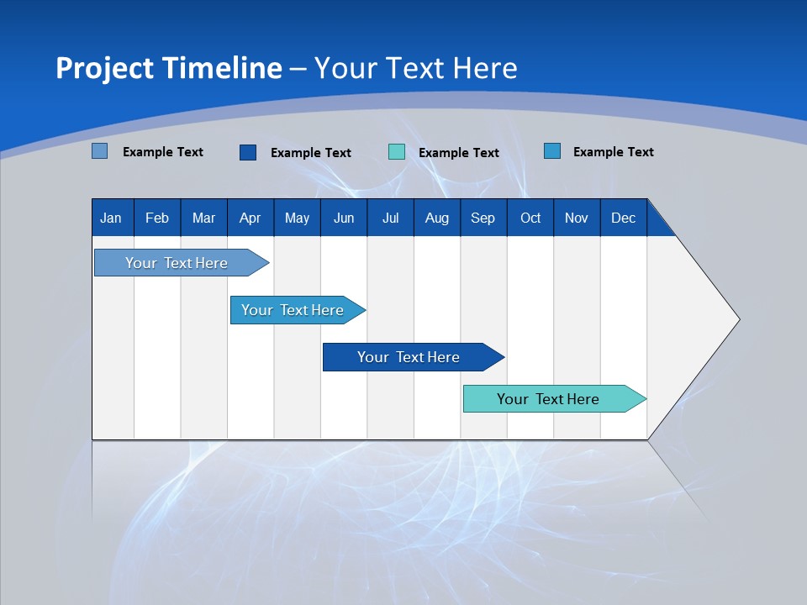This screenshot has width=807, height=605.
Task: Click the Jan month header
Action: pos(112,218)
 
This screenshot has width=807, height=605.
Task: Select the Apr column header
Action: pos(251,218)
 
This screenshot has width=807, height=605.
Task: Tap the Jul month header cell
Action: pos(390,218)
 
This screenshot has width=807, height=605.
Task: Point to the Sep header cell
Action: pos(483,218)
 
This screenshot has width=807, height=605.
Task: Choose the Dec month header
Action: pos(623,218)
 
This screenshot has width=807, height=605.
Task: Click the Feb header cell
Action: pos(157,218)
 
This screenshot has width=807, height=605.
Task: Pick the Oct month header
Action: pos(530,218)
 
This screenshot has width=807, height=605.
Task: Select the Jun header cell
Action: pos(344,218)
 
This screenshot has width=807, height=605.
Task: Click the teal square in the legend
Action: pos(397,152)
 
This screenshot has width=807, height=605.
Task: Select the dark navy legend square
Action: pos(248,152)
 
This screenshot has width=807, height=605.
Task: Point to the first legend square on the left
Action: pos(100,151)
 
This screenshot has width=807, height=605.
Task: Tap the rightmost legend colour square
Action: pos(552,151)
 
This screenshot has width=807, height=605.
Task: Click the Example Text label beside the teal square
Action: pos(458,153)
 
